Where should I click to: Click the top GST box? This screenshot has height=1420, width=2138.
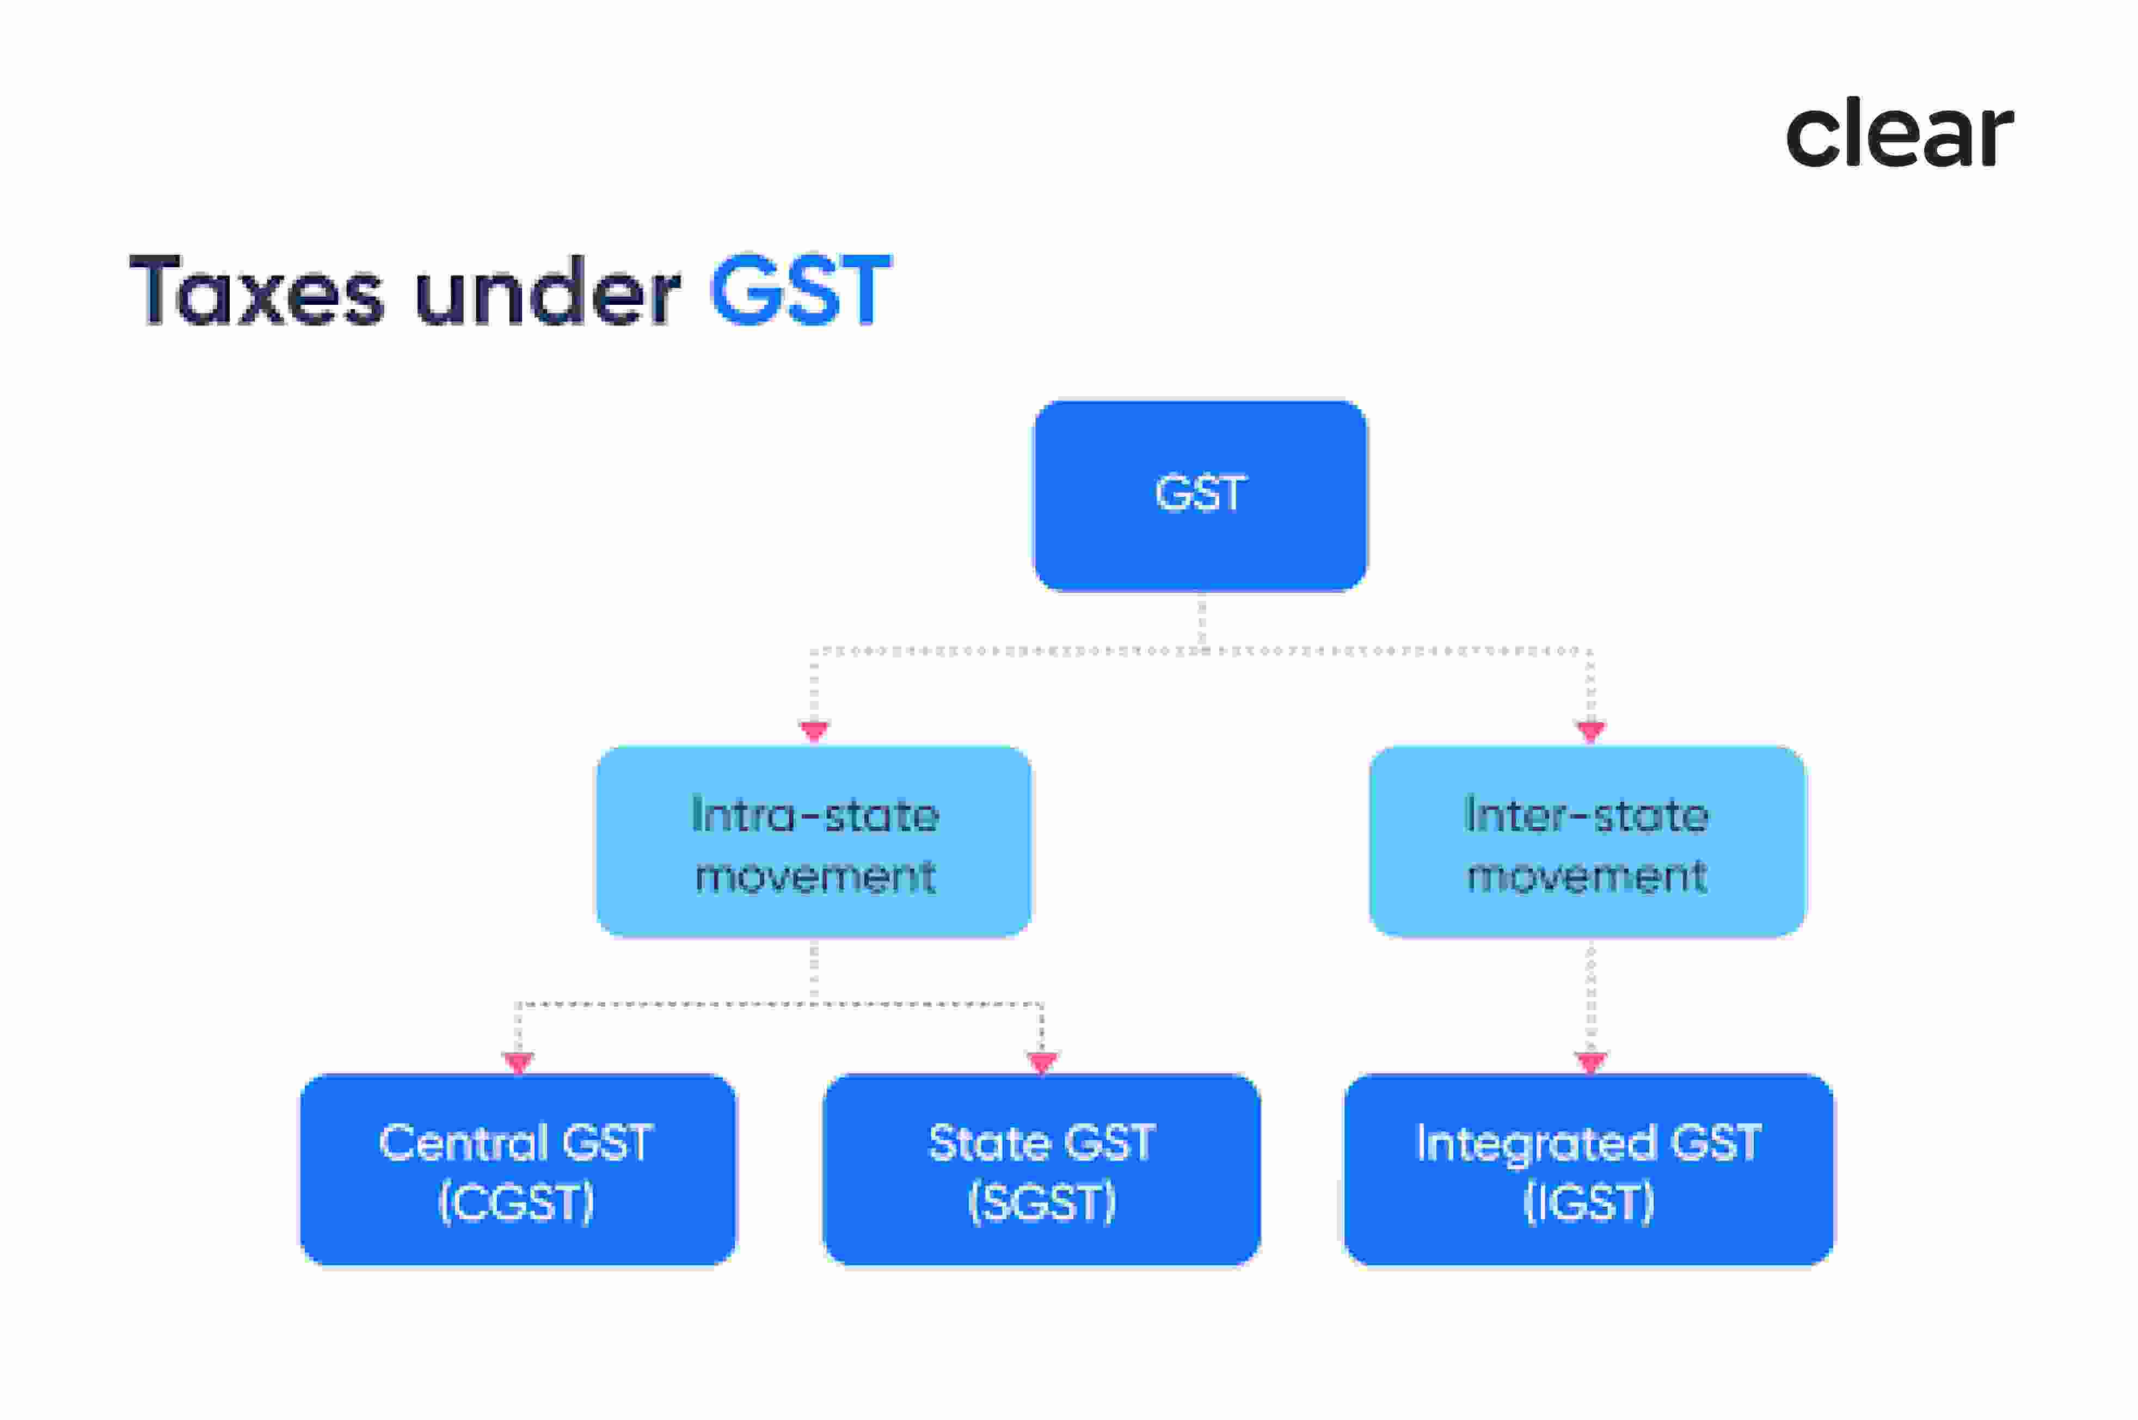coord(1200,495)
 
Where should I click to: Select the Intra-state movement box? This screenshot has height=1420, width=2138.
coord(813,841)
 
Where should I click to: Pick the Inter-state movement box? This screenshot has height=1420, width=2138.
coord(1587,841)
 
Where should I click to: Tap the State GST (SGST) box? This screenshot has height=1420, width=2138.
coord(1041,1169)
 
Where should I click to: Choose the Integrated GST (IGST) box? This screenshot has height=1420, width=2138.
coord(1588,1169)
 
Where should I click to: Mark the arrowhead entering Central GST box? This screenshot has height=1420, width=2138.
coord(518,1061)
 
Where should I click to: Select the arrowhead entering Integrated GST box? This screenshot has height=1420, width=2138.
coord(1590,1061)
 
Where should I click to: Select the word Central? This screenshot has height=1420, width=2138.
coord(462,1143)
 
